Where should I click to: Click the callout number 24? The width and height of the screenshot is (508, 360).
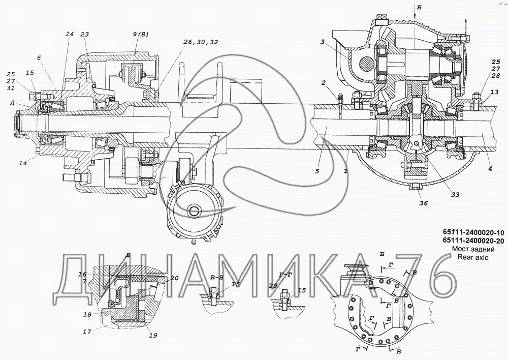70,34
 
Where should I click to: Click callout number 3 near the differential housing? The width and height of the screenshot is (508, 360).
323,42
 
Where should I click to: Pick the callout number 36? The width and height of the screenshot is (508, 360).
424,203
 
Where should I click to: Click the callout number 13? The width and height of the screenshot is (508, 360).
494,93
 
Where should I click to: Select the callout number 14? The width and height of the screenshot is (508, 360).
23,163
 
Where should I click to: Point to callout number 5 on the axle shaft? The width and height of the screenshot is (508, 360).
317,171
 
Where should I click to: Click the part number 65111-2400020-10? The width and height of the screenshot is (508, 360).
469,232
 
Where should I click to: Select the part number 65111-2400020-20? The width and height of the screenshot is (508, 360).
469,241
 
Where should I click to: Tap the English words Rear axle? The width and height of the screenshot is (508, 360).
472,257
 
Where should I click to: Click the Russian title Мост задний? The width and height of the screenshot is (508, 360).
473,249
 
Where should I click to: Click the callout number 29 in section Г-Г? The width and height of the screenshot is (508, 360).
273,285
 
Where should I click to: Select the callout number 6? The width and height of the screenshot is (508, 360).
39,57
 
